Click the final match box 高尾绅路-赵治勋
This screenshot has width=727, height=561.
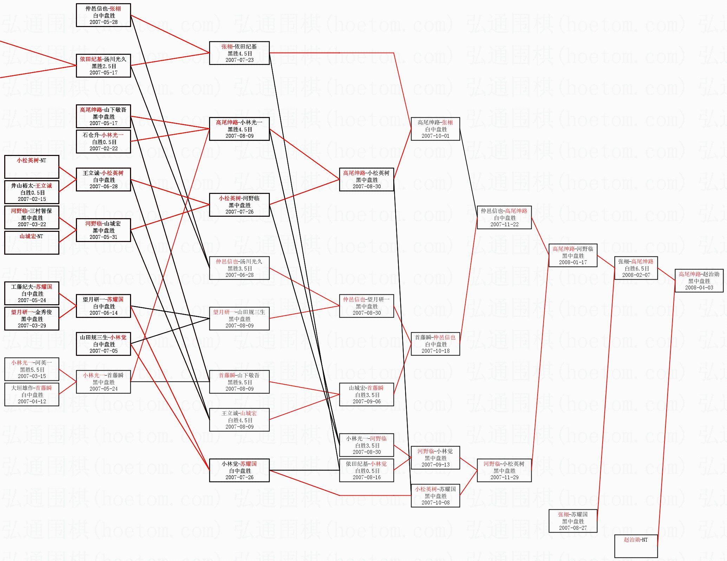pyautogui.click(x=699, y=281)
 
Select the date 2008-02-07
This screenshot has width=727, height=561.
pyautogui.click(x=636, y=275)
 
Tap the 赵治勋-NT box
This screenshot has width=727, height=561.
pyautogui.click(x=636, y=546)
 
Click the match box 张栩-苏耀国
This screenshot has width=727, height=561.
pyautogui.click(x=573, y=521)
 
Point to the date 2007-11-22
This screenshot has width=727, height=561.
pyautogui.click(x=504, y=224)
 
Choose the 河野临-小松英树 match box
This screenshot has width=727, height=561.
pyautogui.click(x=504, y=470)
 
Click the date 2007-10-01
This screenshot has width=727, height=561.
pyautogui.click(x=435, y=136)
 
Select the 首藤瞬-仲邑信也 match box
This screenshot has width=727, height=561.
pyautogui.click(x=435, y=344)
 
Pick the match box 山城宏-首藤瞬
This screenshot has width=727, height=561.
pyautogui.click(x=366, y=394)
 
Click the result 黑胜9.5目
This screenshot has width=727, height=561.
pyautogui.click(x=240, y=382)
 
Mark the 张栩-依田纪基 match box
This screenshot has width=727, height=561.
pyautogui.click(x=239, y=53)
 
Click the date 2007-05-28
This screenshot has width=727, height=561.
pyautogui.click(x=103, y=22)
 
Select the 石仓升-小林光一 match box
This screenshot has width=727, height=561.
pyautogui.click(x=103, y=142)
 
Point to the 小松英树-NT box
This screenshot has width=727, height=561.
pyautogui.click(x=32, y=167)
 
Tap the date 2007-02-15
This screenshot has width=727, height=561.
pyautogui.click(x=32, y=199)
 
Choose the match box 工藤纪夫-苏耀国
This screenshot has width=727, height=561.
pyautogui.click(x=32, y=293)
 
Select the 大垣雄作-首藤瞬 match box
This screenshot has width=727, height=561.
pyautogui.click(x=32, y=394)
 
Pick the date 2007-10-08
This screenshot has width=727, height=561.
pyautogui.click(x=435, y=503)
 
